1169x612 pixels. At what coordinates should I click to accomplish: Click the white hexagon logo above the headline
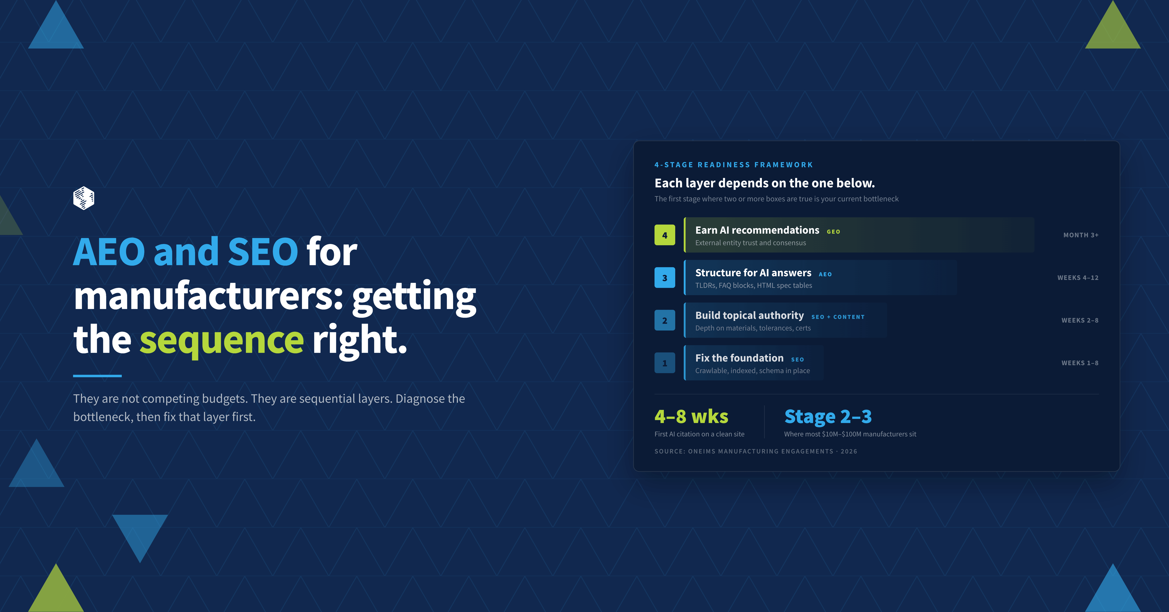pos(83,198)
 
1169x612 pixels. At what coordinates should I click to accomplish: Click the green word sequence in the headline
pos(221,341)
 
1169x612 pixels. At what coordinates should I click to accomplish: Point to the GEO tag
pos(833,232)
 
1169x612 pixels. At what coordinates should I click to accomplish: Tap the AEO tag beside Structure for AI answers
pos(825,274)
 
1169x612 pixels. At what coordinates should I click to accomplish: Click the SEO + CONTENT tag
pos(838,317)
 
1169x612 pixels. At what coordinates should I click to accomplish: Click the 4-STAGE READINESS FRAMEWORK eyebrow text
pos(733,165)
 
